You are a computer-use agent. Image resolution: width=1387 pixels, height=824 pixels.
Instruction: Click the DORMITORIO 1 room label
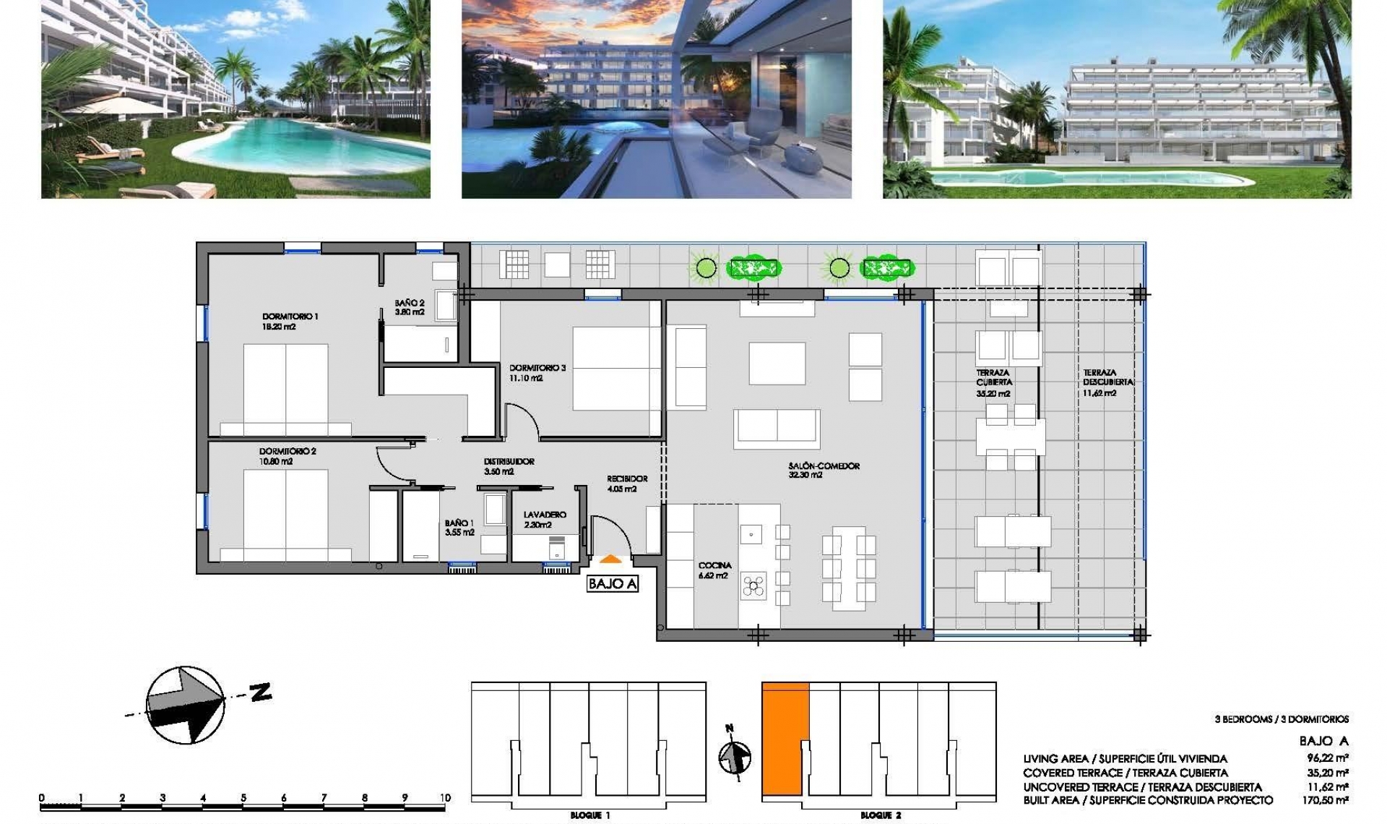click(290, 317)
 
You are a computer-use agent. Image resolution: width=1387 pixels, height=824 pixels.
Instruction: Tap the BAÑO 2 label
click(410, 304)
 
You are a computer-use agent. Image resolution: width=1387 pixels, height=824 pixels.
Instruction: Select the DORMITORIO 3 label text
click(537, 368)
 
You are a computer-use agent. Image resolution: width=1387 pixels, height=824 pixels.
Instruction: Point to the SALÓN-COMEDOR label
click(824, 466)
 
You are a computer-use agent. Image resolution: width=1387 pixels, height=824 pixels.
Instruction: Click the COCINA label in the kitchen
click(714, 565)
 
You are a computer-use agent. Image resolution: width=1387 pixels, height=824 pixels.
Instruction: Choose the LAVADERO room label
click(545, 515)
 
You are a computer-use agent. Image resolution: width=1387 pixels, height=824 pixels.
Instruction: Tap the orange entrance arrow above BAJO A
click(610, 559)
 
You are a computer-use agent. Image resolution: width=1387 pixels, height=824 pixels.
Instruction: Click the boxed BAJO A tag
click(613, 583)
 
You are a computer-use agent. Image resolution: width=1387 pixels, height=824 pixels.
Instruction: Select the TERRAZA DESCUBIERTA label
click(1107, 377)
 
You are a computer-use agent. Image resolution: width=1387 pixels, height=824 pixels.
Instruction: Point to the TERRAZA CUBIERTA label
click(994, 377)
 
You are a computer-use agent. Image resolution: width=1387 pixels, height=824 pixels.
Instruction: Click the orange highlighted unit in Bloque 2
click(784, 737)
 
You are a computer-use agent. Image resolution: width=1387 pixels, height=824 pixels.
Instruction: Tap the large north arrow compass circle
click(185, 705)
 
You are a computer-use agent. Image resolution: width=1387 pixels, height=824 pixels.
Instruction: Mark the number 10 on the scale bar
click(444, 798)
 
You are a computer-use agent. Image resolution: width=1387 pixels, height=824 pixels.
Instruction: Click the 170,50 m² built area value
click(1329, 800)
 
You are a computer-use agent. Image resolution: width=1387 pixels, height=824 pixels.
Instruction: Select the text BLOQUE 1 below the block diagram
click(589, 815)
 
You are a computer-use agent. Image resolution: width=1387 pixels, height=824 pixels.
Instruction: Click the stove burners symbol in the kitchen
click(753, 586)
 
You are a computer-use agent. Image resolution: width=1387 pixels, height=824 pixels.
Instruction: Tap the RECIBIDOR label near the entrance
click(626, 478)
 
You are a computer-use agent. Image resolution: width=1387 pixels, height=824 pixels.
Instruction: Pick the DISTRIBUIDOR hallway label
click(509, 461)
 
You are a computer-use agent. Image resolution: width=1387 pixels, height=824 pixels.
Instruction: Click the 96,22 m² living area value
click(1329, 759)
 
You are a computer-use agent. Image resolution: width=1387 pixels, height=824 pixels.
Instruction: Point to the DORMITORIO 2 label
click(288, 451)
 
